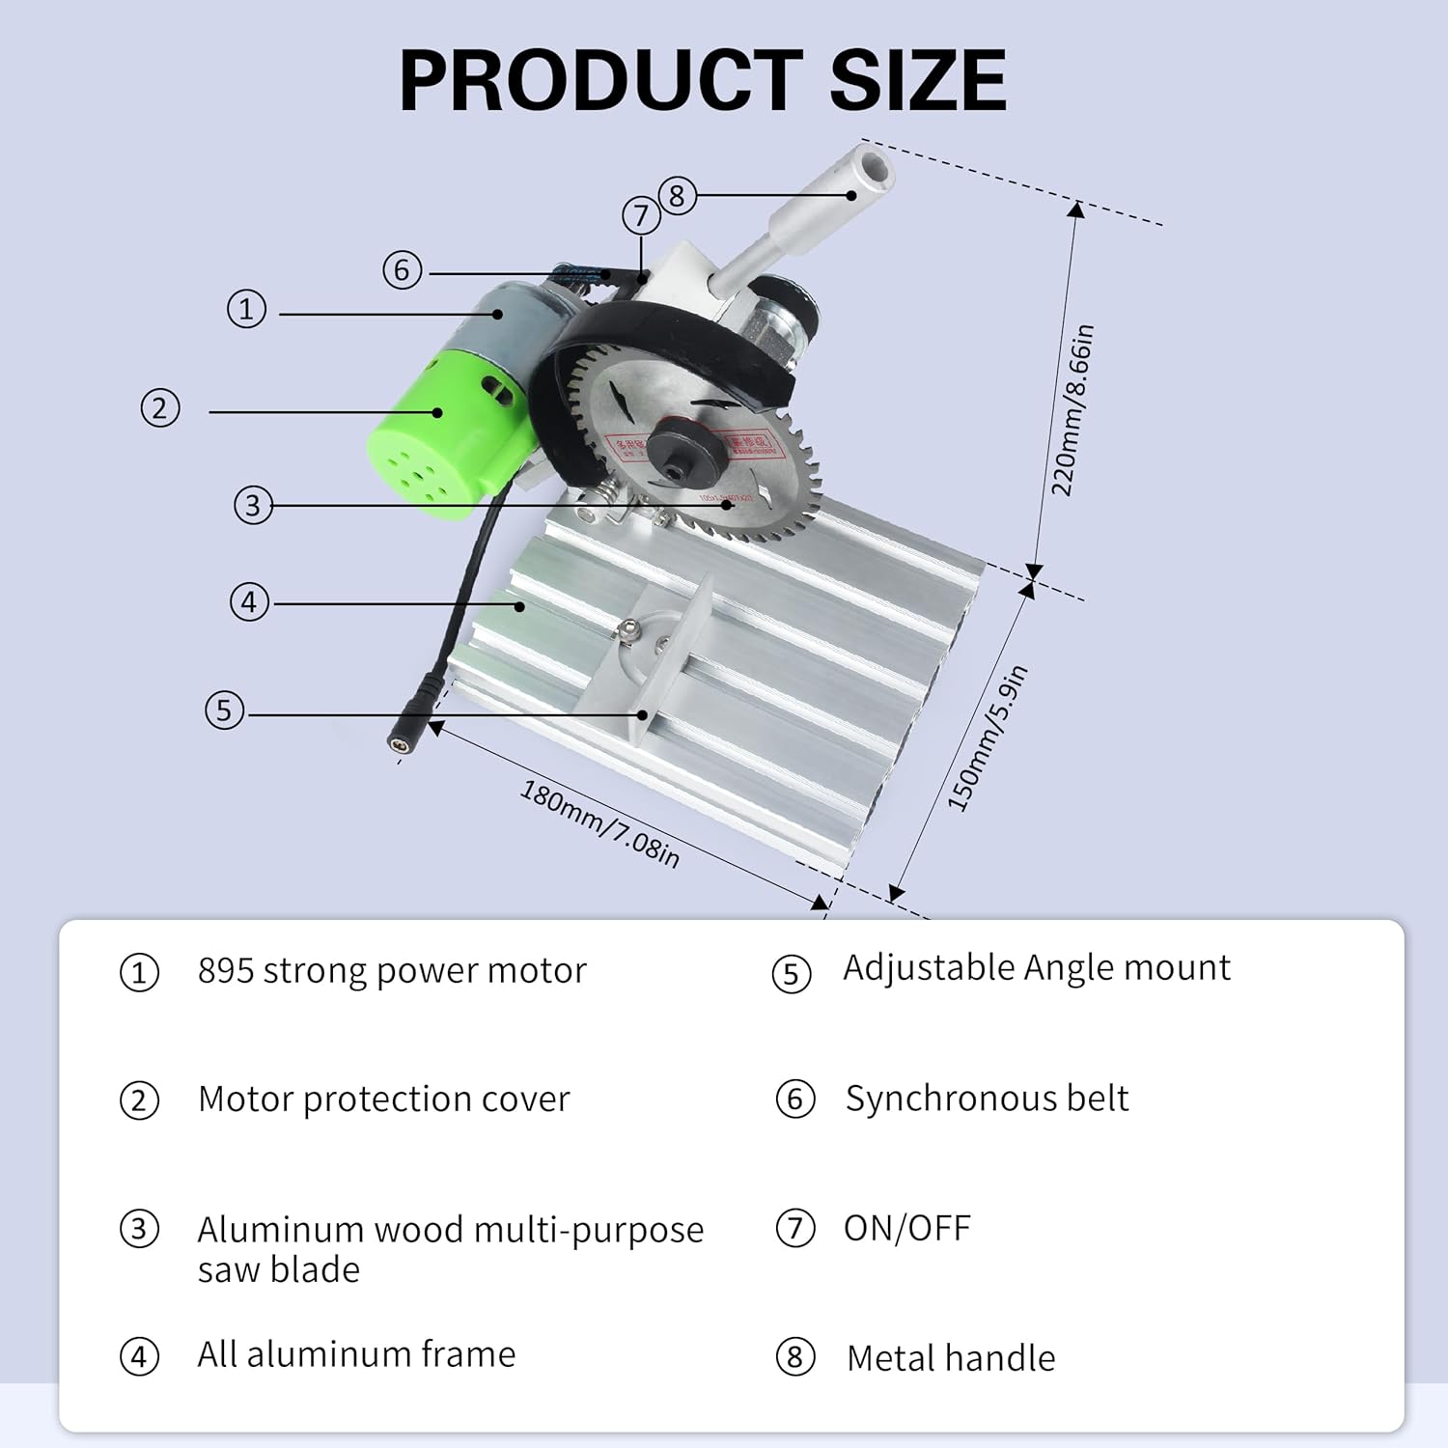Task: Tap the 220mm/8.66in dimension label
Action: (1072, 409)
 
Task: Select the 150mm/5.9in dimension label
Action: (987, 739)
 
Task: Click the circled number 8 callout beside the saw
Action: (677, 196)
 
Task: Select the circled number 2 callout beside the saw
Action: (160, 408)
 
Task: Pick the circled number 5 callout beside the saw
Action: (224, 710)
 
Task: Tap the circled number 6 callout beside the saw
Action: (403, 270)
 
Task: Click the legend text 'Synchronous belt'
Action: (987, 1099)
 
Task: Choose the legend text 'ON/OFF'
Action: (906, 1228)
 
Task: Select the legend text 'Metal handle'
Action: (950, 1358)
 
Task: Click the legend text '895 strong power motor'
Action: (391, 970)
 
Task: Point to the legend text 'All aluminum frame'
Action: (356, 1354)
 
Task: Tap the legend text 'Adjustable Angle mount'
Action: (1036, 967)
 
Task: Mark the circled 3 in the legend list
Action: (139, 1230)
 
